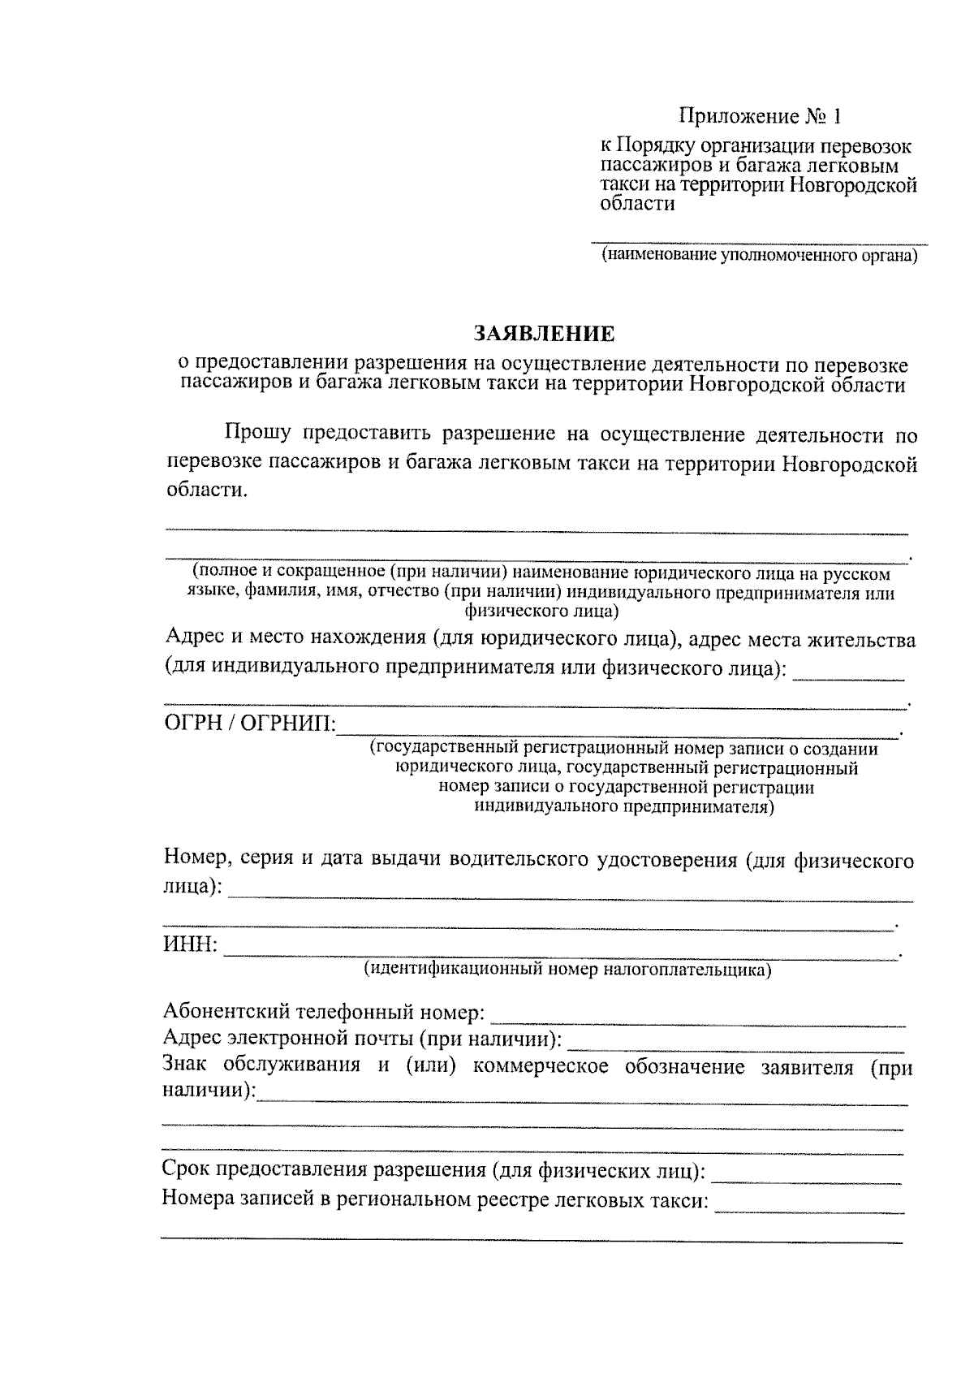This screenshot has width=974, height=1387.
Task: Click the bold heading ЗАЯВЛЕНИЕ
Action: (543, 334)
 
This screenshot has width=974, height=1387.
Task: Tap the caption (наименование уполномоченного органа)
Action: (759, 257)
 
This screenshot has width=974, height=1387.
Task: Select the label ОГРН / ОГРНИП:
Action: (249, 722)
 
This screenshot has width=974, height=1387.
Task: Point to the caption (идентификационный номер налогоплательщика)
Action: (567, 969)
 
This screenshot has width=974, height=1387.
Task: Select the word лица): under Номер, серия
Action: (192, 887)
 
